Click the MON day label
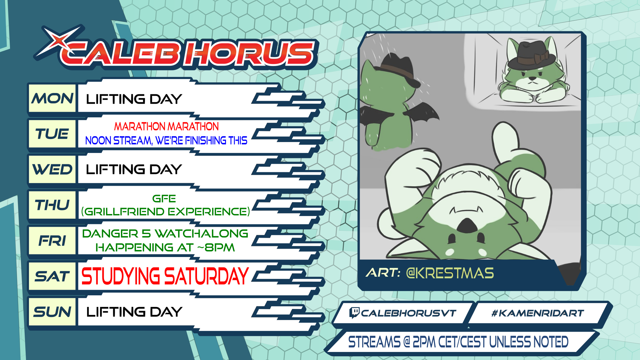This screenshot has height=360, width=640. [x=52, y=98]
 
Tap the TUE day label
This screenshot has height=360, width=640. [x=52, y=134]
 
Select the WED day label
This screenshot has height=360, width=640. [x=52, y=170]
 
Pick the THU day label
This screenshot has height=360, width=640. [x=52, y=205]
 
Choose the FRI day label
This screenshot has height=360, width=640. [x=52, y=241]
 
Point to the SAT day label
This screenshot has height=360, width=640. [x=52, y=276]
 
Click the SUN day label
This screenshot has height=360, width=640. [x=52, y=312]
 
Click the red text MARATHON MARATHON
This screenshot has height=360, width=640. [x=166, y=126]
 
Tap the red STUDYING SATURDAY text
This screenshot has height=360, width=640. [x=165, y=276]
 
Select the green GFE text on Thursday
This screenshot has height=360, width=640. [x=164, y=199]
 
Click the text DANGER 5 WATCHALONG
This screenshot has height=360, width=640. [x=165, y=233]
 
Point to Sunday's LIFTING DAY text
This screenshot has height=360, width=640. [x=134, y=312]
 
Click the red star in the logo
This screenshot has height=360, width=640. [x=59, y=41]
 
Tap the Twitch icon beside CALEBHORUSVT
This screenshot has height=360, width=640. [x=354, y=313]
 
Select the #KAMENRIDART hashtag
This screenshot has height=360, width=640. [x=538, y=313]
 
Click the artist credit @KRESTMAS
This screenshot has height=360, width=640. [x=450, y=273]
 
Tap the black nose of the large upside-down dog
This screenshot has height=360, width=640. [x=467, y=226]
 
